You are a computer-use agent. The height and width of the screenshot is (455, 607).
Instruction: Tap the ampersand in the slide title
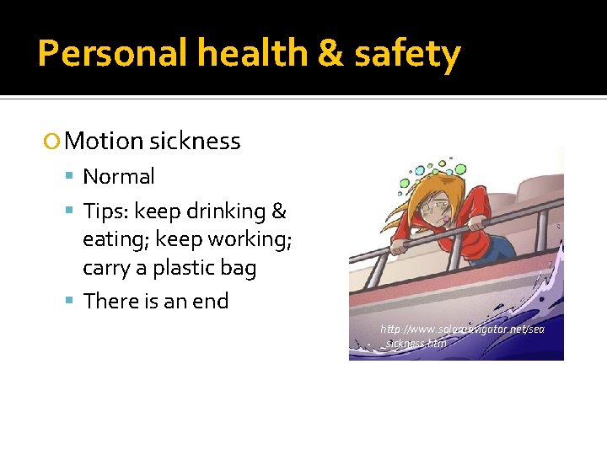(323, 55)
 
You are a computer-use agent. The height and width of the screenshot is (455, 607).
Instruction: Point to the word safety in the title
(407, 55)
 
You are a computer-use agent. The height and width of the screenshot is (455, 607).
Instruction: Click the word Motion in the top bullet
(105, 141)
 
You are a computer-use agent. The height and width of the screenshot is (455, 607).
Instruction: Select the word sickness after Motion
(195, 141)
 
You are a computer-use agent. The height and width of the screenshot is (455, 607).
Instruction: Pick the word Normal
(119, 177)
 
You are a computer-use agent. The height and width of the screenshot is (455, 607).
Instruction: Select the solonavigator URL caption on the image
(462, 335)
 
